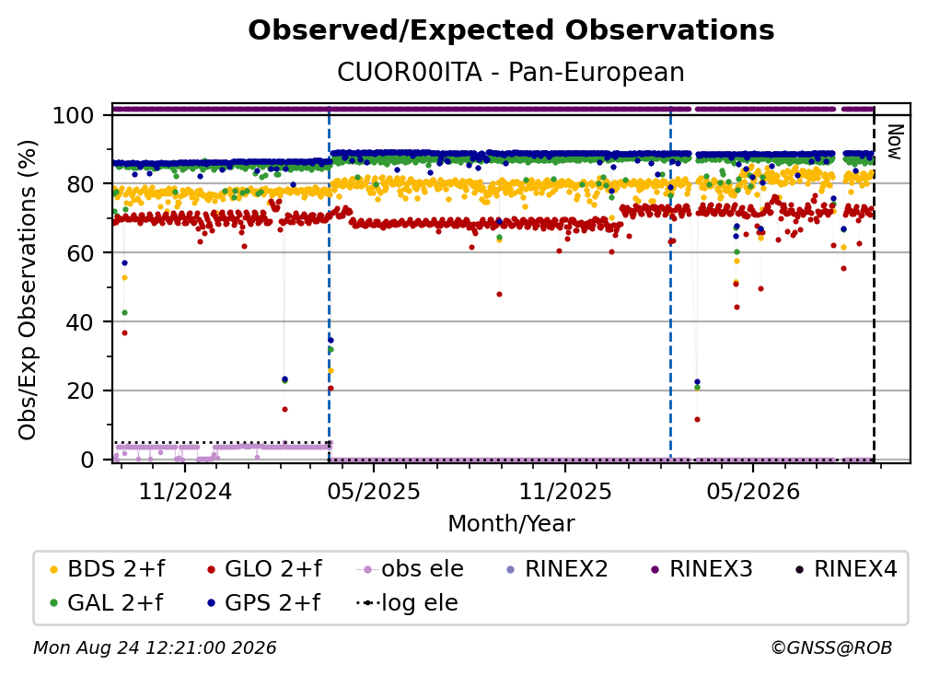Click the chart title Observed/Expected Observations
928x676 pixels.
[x=511, y=30]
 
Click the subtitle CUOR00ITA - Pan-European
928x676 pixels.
[x=511, y=72]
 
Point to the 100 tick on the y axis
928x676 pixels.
[x=73, y=115]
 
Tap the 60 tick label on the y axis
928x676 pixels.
[x=80, y=252]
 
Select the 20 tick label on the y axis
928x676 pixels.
[x=80, y=390]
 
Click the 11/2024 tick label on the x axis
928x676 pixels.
[x=185, y=491]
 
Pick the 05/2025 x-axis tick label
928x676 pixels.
[x=374, y=491]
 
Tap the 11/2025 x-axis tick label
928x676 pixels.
[x=565, y=491]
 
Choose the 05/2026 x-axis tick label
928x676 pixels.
[x=753, y=491]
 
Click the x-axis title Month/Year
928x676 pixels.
[x=511, y=524]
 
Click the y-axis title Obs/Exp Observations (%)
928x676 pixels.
[x=28, y=290]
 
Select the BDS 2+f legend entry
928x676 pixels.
[x=108, y=569]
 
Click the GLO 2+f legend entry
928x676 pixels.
[x=264, y=569]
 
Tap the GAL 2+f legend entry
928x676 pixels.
[x=107, y=602]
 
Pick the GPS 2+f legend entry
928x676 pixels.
[x=263, y=602]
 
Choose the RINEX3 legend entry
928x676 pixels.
[x=702, y=569]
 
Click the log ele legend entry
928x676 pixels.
[x=407, y=602]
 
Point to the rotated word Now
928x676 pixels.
[x=894, y=142]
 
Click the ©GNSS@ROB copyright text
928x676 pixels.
[x=831, y=647]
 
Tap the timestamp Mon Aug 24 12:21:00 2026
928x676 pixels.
[x=155, y=647]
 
